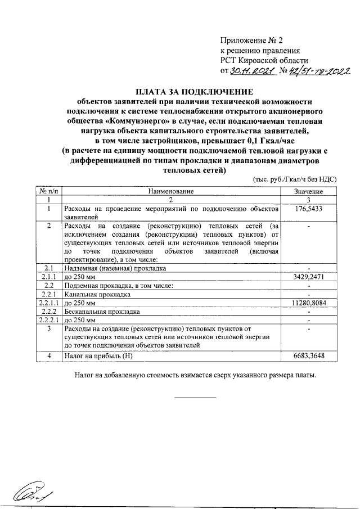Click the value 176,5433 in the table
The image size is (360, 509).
(x=309, y=209)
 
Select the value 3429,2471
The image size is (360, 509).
(x=309, y=277)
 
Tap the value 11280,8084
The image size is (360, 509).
(x=309, y=303)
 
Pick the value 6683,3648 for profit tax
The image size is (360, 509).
(x=309, y=355)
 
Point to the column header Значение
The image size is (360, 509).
(x=308, y=192)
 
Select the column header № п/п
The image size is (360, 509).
(x=48, y=192)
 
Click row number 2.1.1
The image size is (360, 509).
(x=48, y=277)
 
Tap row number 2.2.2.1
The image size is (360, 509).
(x=48, y=319)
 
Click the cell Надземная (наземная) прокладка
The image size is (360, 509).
(x=115, y=269)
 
